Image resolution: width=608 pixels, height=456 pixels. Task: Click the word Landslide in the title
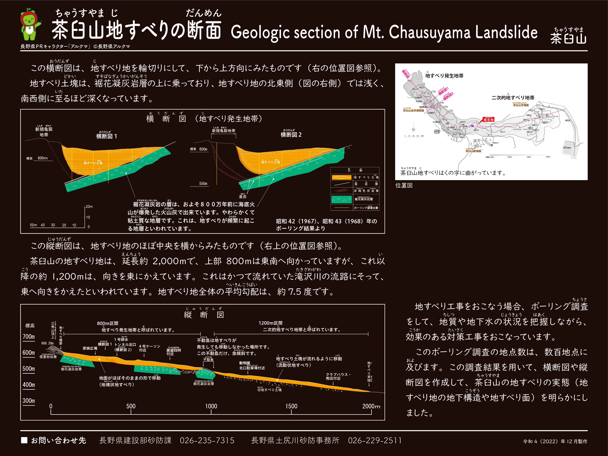coord(506,33)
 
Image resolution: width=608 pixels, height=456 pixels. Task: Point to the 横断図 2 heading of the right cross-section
coord(291,135)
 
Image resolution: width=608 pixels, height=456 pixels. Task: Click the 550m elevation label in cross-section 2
coord(203,184)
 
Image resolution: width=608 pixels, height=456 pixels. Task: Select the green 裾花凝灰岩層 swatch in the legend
coord(341,199)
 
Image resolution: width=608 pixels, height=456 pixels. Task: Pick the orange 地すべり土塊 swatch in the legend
coord(341,177)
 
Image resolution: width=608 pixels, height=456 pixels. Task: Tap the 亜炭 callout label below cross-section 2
coord(243,197)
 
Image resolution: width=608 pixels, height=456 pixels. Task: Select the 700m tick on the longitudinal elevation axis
coord(29,337)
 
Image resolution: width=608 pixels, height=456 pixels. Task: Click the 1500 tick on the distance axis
coord(291,406)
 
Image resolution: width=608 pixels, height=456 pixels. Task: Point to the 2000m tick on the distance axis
coord(371,406)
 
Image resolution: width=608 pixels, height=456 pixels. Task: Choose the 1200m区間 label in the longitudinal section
coord(270,323)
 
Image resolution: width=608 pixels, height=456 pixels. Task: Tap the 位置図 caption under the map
coord(404,185)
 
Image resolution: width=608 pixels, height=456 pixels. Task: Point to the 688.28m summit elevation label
coord(47,343)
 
